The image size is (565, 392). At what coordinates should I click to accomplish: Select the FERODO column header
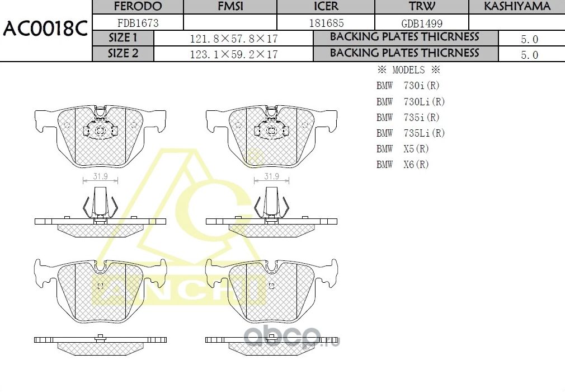pos(137,7)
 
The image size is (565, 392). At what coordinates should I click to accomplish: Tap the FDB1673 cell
pos(137,23)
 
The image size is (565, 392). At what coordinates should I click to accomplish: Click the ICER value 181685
pos(326,23)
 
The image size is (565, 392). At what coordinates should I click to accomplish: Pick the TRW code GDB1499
pos(421,23)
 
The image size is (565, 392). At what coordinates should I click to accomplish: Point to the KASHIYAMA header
pos(516,7)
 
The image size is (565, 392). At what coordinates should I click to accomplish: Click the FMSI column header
pos(230,7)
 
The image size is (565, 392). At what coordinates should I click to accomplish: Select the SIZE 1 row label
pos(123,38)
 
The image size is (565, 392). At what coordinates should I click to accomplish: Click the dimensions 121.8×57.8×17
pos(234,39)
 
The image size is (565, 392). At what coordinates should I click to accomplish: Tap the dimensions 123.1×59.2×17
pos(234,54)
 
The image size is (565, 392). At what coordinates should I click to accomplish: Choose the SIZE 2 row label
pos(123,54)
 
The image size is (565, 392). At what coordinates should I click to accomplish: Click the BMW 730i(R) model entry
pos(408,86)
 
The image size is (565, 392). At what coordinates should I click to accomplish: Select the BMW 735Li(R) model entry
pos(411,133)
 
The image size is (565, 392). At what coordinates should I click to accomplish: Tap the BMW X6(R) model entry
pos(402,165)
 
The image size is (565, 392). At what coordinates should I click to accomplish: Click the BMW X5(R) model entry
pos(402,149)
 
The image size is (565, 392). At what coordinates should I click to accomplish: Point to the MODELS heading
pos(408,71)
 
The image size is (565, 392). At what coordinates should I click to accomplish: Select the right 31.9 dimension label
pos(271,176)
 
